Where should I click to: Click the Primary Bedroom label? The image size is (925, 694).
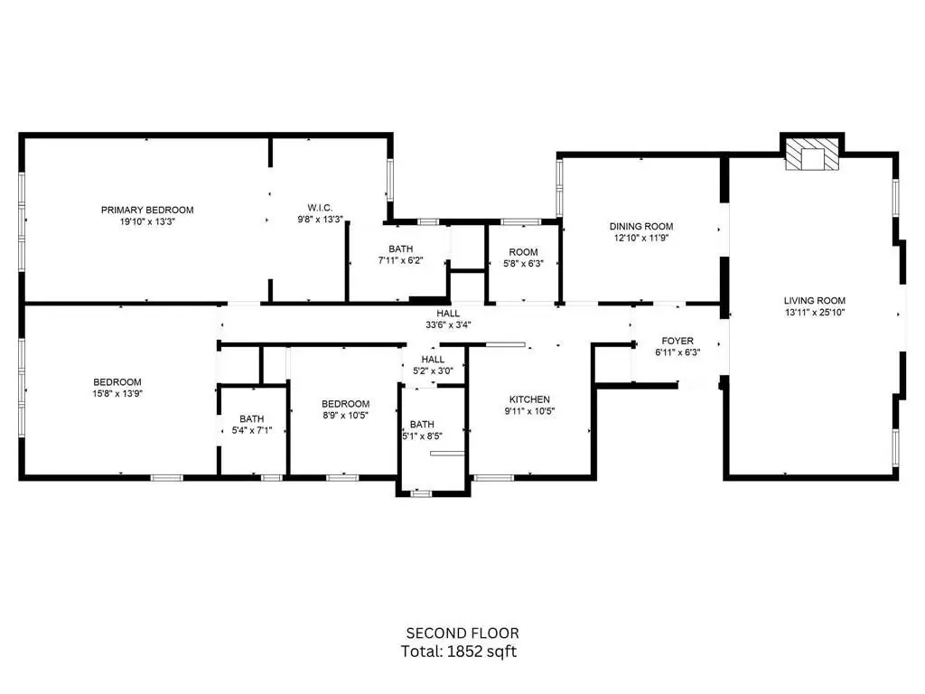coord(147,210)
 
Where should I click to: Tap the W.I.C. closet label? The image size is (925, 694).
coord(320,208)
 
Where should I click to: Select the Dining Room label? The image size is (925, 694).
coord(641,226)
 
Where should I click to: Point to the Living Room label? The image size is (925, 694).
coord(815,300)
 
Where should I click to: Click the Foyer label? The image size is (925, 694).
coord(677,341)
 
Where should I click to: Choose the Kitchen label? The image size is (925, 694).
coord(529,399)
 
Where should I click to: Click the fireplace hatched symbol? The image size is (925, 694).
coord(812,155)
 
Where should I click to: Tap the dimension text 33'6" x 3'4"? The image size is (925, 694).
coord(448,324)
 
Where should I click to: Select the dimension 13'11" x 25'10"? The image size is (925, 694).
coord(815,312)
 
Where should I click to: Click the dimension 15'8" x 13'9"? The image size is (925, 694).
coord(117,394)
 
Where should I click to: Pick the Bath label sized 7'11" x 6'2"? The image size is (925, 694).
coord(400,249)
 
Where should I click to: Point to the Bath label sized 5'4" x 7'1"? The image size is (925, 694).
coord(252,419)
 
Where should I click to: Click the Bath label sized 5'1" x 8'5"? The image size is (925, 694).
coord(422,425)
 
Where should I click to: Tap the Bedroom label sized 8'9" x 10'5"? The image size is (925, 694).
coord(346,404)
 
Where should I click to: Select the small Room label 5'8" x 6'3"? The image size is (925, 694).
coord(523,252)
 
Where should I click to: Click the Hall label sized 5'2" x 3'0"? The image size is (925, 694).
coord(433,360)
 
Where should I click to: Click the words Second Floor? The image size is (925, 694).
coord(462,633)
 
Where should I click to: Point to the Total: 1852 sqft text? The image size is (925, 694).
coord(459,652)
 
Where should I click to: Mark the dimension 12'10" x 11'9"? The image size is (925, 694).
coord(641,238)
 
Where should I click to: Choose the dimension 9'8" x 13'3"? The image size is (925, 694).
coord(320,220)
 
